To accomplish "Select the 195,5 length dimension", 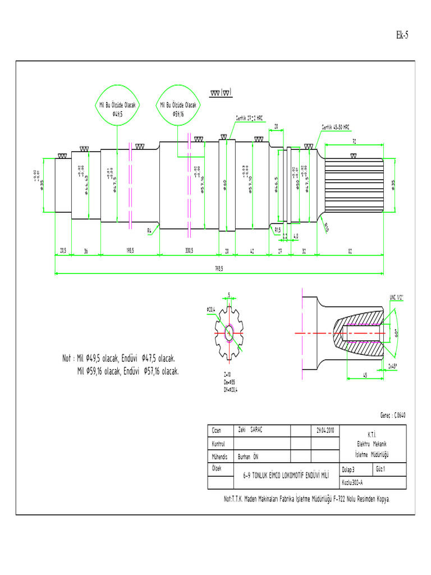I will coord(130,251).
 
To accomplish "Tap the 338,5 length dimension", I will coord(189,251).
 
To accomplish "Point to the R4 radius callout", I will coord(150,230).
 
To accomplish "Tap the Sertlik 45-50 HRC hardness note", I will coord(336,127).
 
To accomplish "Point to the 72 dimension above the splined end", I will coord(354,142).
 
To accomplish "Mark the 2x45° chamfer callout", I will coord(396,366).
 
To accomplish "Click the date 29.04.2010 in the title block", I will coord(325,430).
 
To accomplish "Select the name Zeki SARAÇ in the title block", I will coord(251,430).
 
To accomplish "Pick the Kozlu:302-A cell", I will coord(352,482).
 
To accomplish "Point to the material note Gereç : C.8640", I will coord(392,416).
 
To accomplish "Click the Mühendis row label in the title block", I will coord(219,457).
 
